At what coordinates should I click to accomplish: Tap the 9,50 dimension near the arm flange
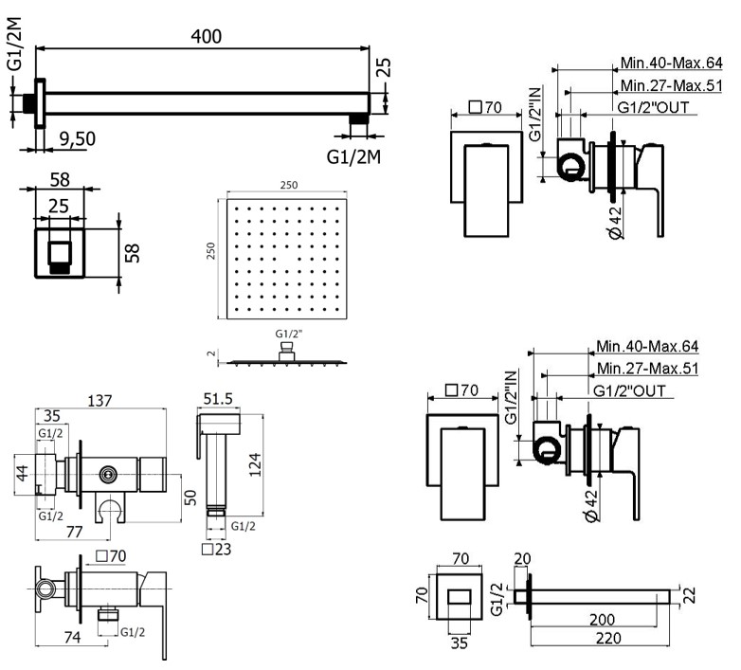click(75, 138)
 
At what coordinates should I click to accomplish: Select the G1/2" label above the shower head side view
click(287, 335)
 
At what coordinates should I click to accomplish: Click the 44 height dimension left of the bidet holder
click(22, 471)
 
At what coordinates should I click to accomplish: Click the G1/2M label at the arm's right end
click(353, 154)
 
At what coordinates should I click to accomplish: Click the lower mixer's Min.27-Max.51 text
click(647, 369)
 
